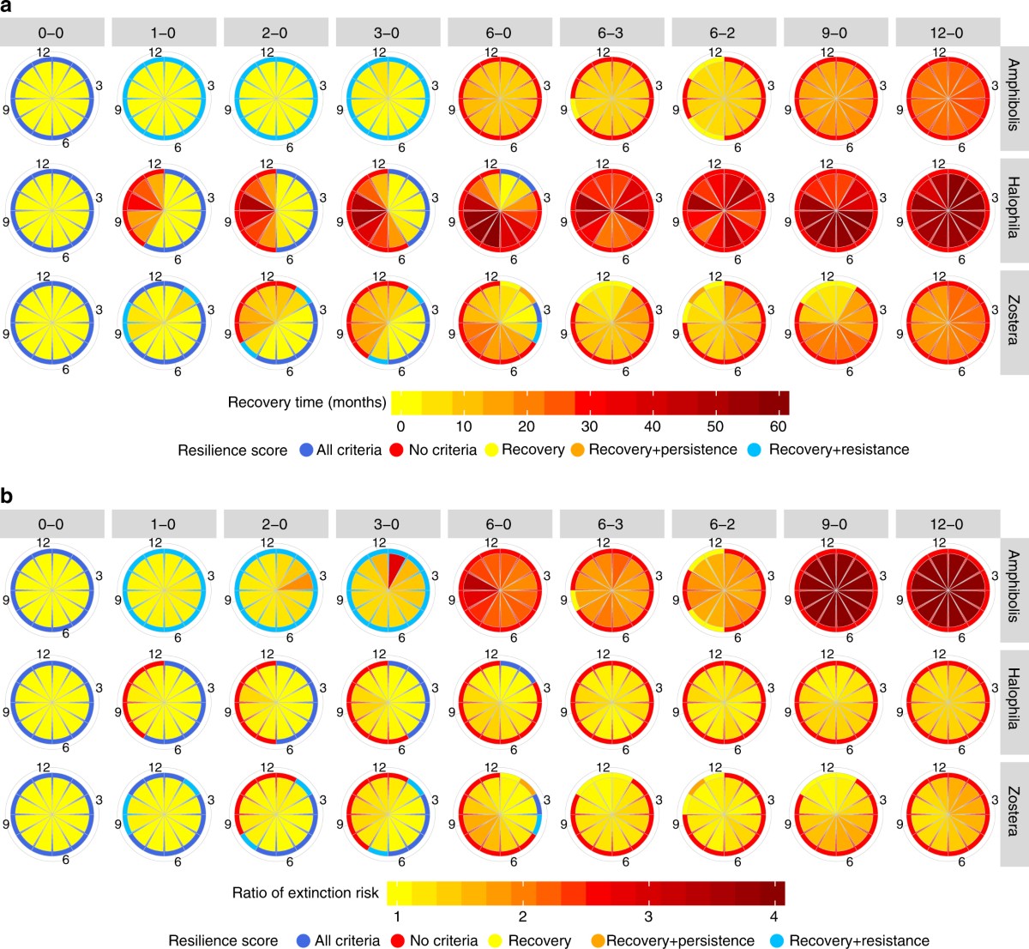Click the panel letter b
pos(7,497)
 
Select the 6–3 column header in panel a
pos(611,32)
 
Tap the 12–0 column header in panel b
pos(948,523)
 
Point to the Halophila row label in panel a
pos(1014,198)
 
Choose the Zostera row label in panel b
pos(1014,811)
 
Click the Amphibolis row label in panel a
pos(1014,86)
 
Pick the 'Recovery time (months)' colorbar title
pos(307,402)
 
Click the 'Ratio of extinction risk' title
pos(305,893)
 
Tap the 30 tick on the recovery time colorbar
pos(589,426)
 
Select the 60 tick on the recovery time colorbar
pos(779,426)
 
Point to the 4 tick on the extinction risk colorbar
pos(773,916)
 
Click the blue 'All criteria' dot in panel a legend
pos(305,450)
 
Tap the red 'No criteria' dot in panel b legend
pos(398,940)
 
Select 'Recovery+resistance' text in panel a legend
pos(839,450)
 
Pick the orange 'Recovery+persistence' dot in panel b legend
pos(598,940)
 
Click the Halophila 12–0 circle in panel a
pos(948,211)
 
